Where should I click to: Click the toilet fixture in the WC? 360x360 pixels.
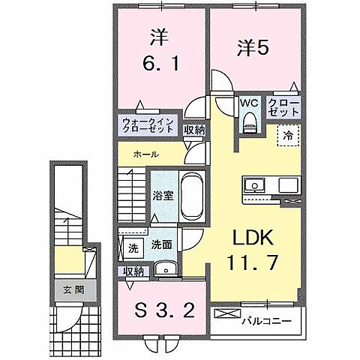click(x=250, y=120)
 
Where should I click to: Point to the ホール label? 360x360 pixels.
click(x=145, y=154)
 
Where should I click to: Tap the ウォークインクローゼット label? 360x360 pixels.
click(x=148, y=125)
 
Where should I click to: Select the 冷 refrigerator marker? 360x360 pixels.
click(x=289, y=135)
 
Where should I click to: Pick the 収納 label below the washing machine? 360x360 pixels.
click(x=133, y=271)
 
